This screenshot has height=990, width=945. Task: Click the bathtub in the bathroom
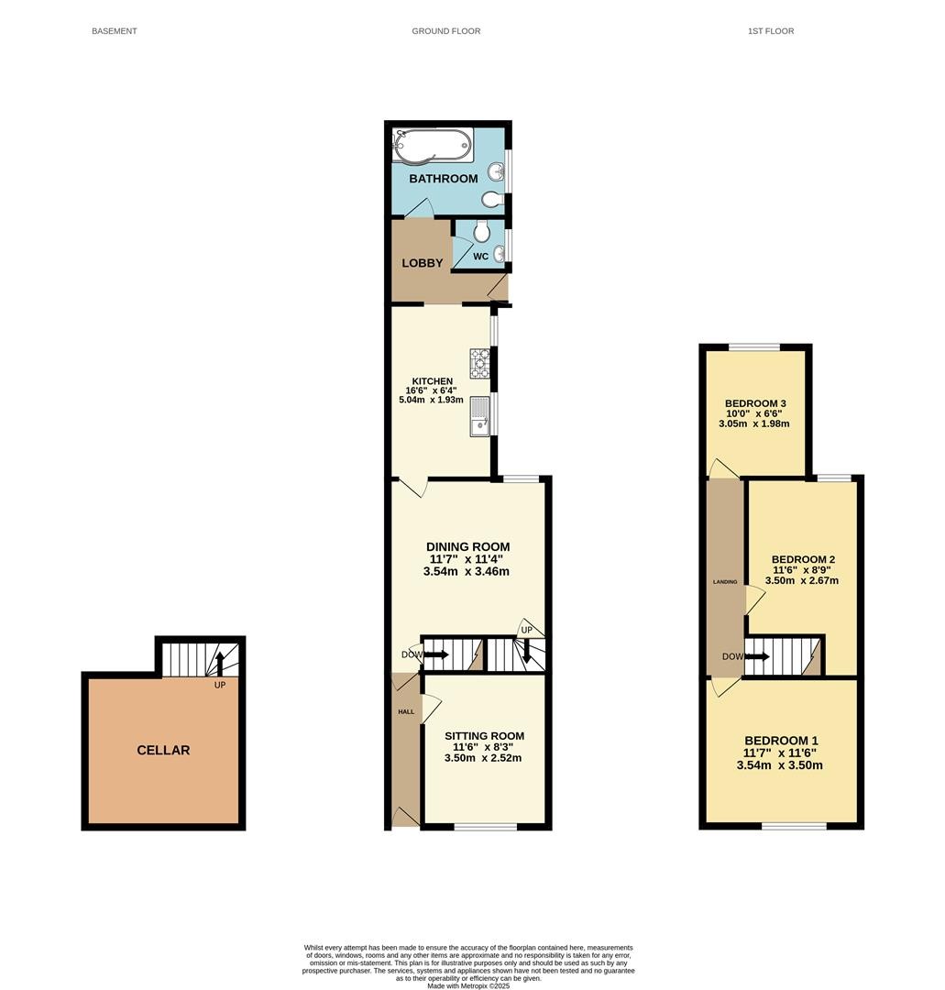(431, 145)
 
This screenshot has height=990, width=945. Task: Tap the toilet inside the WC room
(483, 232)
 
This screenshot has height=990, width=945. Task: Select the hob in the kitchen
(479, 364)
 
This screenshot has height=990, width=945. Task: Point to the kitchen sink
(480, 415)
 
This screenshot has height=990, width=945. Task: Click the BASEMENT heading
(115, 31)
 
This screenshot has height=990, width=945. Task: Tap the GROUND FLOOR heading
(446, 31)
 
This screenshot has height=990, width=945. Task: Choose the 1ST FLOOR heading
(771, 31)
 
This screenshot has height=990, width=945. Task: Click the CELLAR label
(163, 750)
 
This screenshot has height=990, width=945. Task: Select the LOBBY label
(423, 263)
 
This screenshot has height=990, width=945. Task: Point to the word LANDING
(725, 582)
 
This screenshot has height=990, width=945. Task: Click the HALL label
(406, 711)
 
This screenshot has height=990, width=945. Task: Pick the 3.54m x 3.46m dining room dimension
(467, 571)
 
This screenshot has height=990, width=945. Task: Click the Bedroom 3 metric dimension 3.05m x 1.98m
(754, 423)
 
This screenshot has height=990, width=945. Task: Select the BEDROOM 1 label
(782, 741)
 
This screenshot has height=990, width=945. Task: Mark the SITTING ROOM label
(484, 735)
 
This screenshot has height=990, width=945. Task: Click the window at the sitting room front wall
(486, 826)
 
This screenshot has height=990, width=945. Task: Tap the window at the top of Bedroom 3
(755, 346)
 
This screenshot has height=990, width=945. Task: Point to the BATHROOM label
(443, 179)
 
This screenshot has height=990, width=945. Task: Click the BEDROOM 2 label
(803, 559)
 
